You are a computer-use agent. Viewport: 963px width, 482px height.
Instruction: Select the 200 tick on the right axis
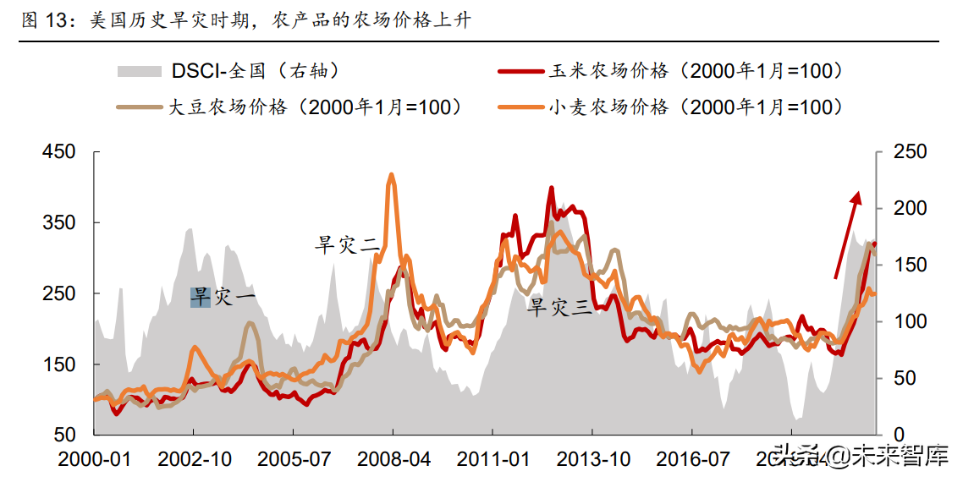(x=911, y=208)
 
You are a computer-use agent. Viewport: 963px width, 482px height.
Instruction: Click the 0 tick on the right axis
(x=899, y=435)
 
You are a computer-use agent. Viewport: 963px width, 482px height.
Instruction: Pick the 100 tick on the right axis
(x=911, y=321)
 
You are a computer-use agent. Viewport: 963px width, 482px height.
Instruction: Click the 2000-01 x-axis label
(x=94, y=459)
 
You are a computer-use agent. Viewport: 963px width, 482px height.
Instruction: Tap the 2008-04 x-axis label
(x=393, y=459)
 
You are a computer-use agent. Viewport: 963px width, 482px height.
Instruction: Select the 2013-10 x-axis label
(x=593, y=459)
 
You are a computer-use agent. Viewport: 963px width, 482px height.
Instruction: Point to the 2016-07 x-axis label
(x=693, y=459)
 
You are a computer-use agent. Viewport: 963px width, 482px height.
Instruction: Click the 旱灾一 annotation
(x=222, y=297)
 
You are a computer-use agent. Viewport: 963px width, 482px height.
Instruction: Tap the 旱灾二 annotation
(x=347, y=245)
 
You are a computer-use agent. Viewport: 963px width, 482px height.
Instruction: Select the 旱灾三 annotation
(x=559, y=307)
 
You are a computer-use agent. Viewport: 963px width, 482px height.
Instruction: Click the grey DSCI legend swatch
(x=138, y=71)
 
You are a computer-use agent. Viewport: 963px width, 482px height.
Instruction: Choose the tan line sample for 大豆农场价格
(x=138, y=107)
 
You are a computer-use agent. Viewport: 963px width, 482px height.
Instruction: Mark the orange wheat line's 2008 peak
(x=391, y=176)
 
